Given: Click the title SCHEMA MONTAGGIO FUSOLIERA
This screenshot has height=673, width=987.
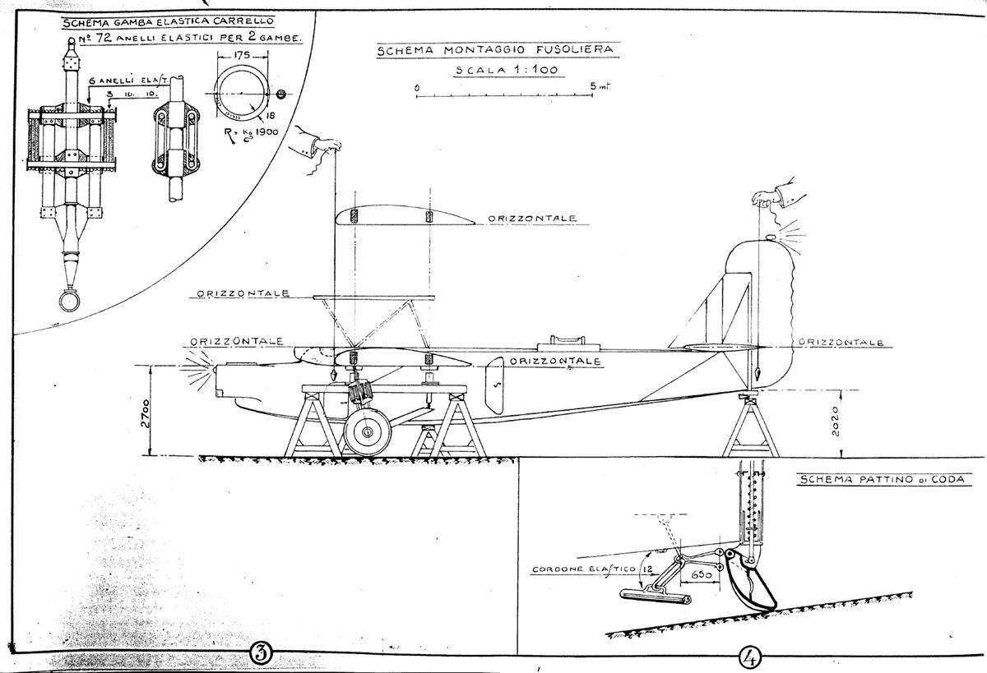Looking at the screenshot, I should pos(494,51).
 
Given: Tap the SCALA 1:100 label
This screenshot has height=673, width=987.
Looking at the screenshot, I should pos(507,70).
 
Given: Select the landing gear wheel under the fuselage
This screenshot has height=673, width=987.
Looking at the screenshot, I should pos(367,431).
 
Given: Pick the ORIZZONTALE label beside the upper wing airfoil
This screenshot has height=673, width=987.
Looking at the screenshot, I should pos(531,219).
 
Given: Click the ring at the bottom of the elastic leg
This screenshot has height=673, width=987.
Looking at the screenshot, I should pos(68,300).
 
